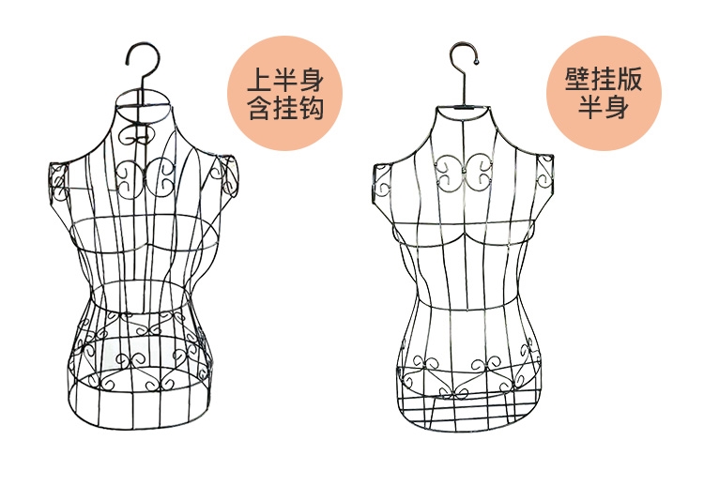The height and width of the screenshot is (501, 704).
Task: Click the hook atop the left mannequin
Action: (140, 58)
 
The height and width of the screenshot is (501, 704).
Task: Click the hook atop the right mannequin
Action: (461, 56)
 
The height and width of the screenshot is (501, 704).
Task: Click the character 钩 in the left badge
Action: (312, 108)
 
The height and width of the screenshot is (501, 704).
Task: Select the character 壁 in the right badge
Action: (573, 79)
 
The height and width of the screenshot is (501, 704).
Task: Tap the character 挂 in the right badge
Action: (601, 79)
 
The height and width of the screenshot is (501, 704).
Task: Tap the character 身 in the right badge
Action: (616, 108)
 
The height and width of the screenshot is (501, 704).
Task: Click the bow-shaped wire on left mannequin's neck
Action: (142, 135)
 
